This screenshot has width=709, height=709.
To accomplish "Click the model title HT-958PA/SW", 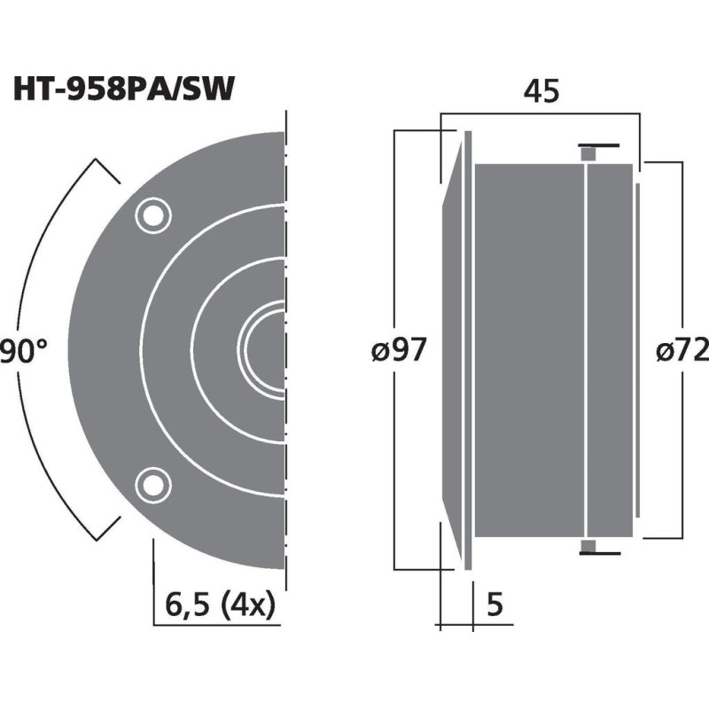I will pyautogui.click(x=123, y=90).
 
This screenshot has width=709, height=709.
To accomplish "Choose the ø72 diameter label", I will pyautogui.click(x=682, y=352).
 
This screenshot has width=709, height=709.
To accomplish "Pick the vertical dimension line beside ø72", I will pyautogui.click(x=681, y=266).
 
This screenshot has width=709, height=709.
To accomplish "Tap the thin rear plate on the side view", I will pyautogui.click(x=636, y=350).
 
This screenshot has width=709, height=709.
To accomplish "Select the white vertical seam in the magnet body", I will pyautogui.click(x=587, y=350).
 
